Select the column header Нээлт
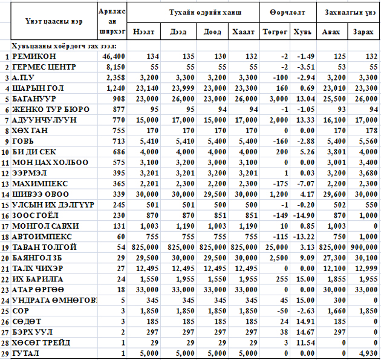pos(143,32)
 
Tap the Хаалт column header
pos(241,32)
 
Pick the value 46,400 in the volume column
pos(112,57)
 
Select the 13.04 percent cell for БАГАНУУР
pos(305,99)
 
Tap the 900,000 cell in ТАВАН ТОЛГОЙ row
pos(365,247)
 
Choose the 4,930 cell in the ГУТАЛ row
pos(368,353)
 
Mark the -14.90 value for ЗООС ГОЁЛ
pos(304,215)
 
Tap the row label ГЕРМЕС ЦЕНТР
pos(42,67)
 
